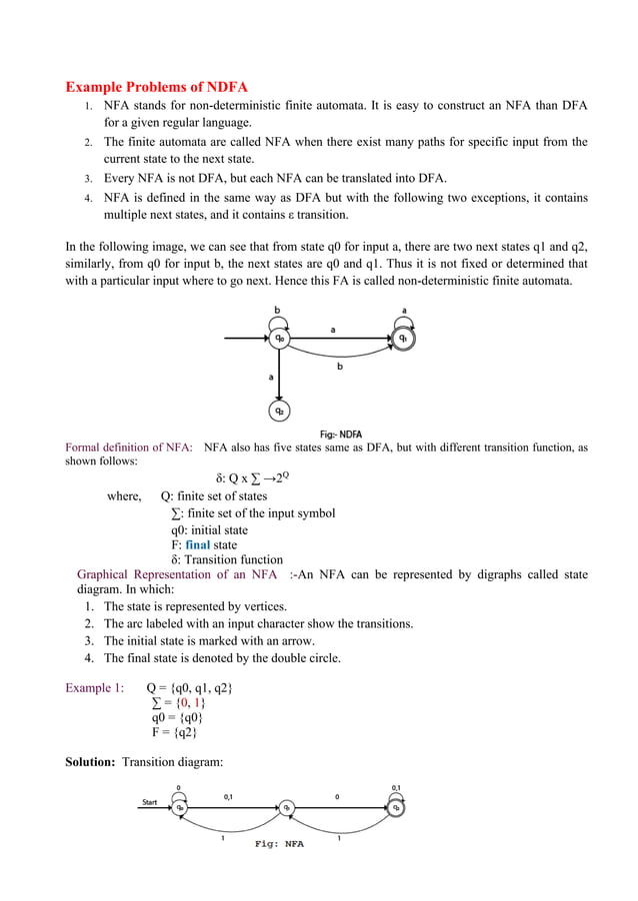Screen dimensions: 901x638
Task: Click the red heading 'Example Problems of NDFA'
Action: (156, 86)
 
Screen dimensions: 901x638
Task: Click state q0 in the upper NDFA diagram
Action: (280, 339)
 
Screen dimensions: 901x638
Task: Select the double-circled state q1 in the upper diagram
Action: (403, 339)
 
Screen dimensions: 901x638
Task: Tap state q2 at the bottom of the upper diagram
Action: (280, 411)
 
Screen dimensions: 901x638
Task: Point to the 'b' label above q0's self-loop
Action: (277, 311)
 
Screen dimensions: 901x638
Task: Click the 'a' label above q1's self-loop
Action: (404, 311)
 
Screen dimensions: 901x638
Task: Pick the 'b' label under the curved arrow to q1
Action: (339, 367)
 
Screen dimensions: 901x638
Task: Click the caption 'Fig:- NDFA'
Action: (341, 435)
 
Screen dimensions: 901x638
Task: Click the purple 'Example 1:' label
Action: (95, 688)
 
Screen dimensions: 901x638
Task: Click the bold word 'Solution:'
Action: (91, 763)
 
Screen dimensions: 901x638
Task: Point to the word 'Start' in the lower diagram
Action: (149, 801)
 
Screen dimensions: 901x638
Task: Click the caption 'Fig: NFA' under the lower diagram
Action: (279, 844)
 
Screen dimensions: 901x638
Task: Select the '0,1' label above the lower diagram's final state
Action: (396, 787)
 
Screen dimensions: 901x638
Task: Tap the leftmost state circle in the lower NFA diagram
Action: (179, 807)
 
